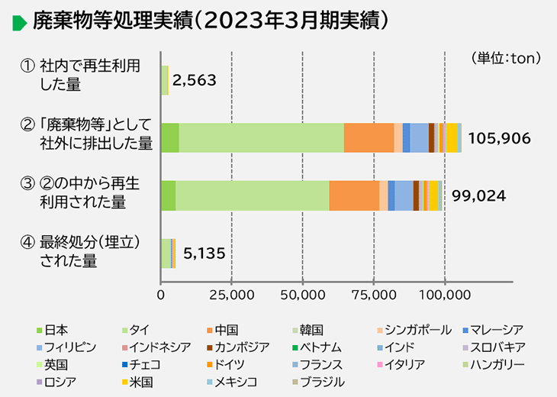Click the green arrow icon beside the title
tap(20, 23)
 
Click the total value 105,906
tap(500, 138)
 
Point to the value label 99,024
tap(478, 195)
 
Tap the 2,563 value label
tap(195, 80)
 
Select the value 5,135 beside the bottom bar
tap(204, 253)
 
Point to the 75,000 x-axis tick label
tap(374, 294)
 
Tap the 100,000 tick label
tap(445, 294)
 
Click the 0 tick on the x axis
tap(161, 294)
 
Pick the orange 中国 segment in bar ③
tap(353, 195)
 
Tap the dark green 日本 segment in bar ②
tap(169, 137)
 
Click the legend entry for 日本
tap(52, 330)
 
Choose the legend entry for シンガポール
tap(413, 330)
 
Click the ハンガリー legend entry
tap(493, 364)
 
